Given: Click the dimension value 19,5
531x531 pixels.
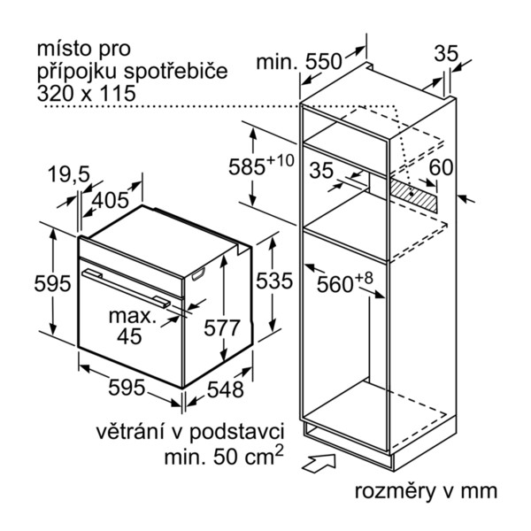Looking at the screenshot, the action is [69, 174].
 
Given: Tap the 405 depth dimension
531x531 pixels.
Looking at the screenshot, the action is [111, 200].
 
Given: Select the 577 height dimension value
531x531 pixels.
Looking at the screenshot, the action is [222, 327].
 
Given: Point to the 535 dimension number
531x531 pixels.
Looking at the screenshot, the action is [274, 281].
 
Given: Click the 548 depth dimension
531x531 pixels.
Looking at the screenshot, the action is [225, 389].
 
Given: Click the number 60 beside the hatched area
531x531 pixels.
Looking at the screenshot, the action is [441, 167].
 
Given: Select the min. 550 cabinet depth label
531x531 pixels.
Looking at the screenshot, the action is [299, 62].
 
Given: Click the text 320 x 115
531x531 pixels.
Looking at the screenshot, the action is [86, 94].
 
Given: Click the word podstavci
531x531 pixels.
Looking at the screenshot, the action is [236, 433].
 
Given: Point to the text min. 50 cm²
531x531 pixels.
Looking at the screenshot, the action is [224, 456].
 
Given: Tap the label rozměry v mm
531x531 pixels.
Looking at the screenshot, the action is [426, 491].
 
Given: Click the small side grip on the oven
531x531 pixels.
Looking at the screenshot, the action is [198, 274].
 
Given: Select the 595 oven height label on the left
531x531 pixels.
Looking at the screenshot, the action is [52, 283].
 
